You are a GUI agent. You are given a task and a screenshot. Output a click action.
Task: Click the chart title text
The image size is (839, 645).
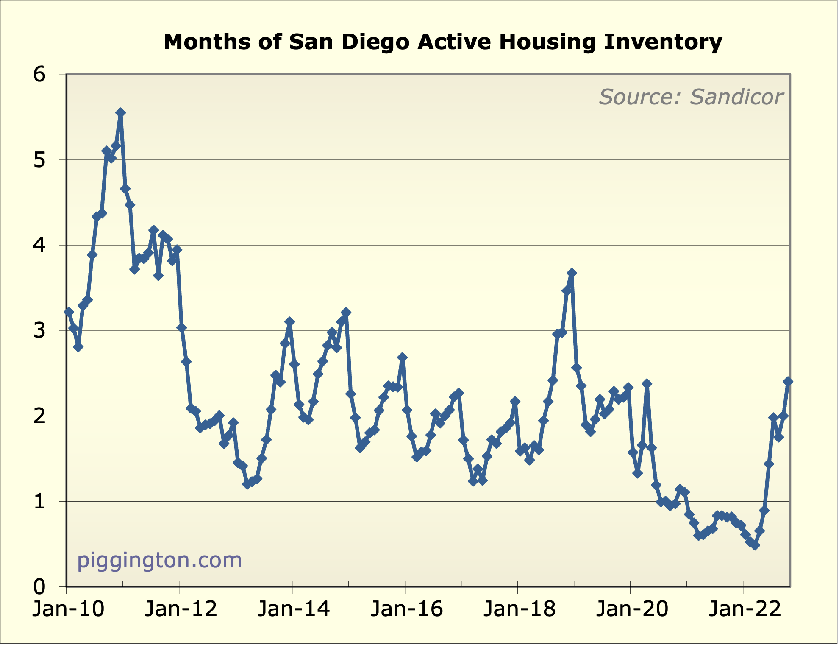[x=442, y=42]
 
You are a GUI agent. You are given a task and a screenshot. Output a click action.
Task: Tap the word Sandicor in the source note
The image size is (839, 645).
[x=736, y=97]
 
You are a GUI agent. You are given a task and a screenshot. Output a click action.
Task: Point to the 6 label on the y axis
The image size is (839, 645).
[x=39, y=75]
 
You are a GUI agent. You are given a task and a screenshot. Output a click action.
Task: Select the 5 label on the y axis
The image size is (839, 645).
[x=39, y=160]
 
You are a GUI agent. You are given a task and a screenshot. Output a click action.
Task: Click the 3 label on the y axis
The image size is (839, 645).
[x=39, y=331]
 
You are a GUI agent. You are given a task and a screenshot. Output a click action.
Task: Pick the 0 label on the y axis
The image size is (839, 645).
[x=39, y=587]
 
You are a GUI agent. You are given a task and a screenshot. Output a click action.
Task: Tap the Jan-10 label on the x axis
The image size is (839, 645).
[x=68, y=609]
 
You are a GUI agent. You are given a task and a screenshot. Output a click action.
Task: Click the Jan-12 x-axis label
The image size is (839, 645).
[x=181, y=609]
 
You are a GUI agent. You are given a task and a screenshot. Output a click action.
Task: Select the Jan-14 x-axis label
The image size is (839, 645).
[x=294, y=609]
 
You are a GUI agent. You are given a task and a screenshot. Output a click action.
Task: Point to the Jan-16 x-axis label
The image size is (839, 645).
[x=406, y=609]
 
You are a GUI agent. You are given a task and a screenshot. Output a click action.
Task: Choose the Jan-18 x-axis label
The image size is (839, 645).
[x=519, y=609]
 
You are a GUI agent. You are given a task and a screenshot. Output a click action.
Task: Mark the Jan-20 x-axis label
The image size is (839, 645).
[x=632, y=609]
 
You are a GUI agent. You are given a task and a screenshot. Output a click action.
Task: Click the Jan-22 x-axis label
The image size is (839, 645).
[x=745, y=609]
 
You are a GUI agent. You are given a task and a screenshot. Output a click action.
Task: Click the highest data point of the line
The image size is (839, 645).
[x=120, y=112]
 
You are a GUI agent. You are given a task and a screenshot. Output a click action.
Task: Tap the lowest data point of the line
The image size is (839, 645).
[x=755, y=546]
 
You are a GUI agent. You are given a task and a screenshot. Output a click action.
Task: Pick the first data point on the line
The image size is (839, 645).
[x=69, y=312]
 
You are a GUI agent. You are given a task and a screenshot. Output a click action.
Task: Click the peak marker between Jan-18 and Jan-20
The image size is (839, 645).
[x=572, y=273]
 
